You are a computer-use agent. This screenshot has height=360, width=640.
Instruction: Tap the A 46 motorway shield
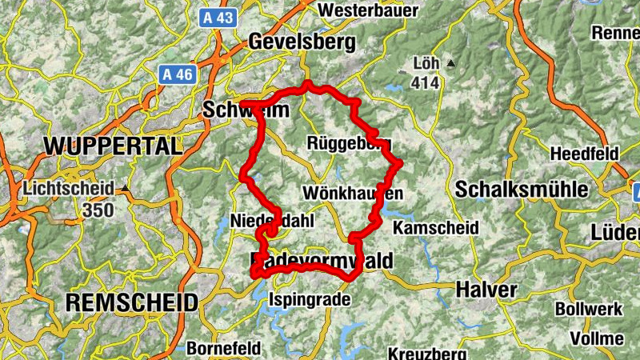click(178, 74)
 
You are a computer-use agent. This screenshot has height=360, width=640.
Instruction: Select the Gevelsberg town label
click(291, 41)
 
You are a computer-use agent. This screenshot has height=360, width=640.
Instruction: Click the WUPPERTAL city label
click(113, 146)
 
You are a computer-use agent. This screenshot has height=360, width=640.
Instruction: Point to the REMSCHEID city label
click(131, 302)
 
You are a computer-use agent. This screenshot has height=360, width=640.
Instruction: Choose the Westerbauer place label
click(369, 10)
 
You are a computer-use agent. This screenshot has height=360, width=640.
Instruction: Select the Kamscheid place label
click(436, 229)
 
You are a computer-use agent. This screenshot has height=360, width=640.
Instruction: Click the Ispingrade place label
click(310, 299)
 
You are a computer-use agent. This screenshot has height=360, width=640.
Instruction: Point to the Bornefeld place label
click(223, 348)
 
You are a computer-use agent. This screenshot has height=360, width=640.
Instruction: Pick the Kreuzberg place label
click(427, 353)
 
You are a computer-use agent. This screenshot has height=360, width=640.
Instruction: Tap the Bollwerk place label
click(587, 308)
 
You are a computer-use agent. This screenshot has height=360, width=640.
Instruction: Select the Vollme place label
click(597, 338)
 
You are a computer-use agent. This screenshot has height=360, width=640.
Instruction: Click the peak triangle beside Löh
click(451, 62)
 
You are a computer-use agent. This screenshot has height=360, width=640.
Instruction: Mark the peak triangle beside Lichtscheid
click(125, 190)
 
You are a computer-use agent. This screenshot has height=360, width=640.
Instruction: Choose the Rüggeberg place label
click(349, 143)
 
